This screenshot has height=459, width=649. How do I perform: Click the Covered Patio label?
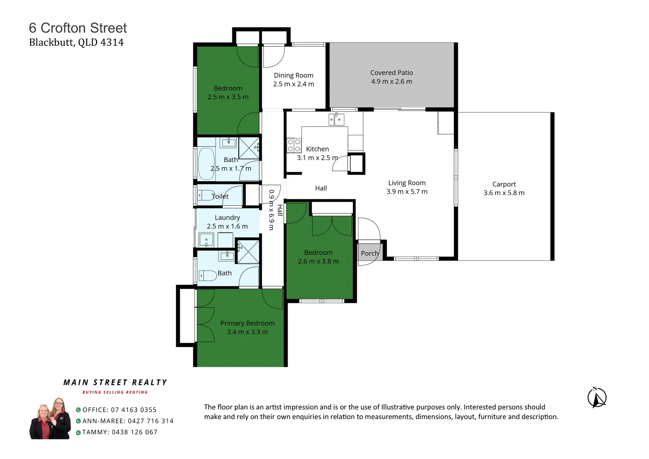coord(391,73)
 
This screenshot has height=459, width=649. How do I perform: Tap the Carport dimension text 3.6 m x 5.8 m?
coord(504,193)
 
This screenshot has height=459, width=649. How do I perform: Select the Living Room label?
coord(406,183)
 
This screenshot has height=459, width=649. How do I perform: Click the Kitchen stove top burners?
coord(294,145)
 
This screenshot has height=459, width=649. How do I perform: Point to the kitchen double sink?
coord(336,119)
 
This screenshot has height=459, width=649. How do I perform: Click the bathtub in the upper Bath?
coord(206,164)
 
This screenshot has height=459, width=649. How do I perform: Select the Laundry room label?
coord(227,218)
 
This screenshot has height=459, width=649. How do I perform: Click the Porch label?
coord(370,253)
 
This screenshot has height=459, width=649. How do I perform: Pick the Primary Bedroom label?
coord(247,323)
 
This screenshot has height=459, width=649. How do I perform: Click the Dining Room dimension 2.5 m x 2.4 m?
coord(293,84)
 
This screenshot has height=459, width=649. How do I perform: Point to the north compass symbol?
coord(597,398)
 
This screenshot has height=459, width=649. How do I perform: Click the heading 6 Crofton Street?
coord(78,28)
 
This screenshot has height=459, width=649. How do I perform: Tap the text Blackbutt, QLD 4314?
coord(76,42)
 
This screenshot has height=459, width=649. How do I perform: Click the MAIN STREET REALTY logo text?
coord(115,382)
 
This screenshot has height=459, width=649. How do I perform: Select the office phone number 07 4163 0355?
coord(133,410)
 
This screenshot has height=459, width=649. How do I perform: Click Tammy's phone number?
coord(134,432)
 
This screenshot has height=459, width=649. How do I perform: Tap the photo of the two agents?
coord(51,419)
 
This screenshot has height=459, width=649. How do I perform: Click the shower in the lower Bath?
coord(248,252)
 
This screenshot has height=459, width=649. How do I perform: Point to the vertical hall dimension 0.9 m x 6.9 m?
coord(271,210)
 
